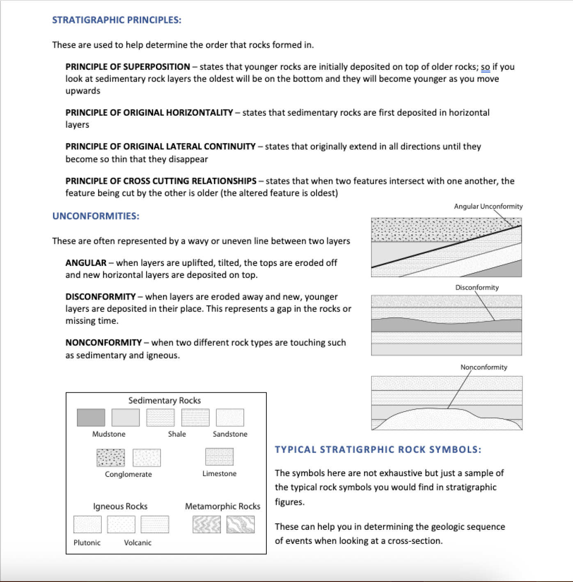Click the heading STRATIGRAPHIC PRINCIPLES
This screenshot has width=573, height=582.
117,20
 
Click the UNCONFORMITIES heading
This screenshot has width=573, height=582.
96,216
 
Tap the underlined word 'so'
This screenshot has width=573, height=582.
485,67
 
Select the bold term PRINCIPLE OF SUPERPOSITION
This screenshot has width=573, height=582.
128,67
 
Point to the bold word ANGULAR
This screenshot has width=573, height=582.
86,263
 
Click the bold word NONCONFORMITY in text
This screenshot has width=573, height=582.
103,343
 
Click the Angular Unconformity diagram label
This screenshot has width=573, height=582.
488,206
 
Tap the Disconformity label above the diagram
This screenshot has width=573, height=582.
477,288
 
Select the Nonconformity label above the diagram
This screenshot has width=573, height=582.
484,367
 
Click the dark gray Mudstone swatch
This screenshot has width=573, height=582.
91,417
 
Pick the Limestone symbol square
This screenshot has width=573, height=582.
219,457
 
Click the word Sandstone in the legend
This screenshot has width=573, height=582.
230,434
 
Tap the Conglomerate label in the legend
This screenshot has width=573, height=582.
128,474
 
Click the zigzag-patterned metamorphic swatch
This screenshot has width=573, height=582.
206,525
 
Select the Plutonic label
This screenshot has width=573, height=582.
87,543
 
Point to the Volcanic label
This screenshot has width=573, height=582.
138,543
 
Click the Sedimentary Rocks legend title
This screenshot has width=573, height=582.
165,401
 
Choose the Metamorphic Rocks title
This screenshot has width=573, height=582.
222,506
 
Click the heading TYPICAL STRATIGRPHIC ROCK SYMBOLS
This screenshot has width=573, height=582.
378,450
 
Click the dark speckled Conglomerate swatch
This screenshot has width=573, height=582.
110,458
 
